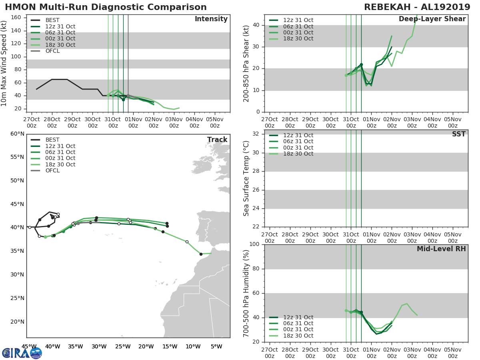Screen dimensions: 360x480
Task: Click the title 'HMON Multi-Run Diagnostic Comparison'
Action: (106, 7)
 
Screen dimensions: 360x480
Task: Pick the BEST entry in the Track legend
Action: (52, 140)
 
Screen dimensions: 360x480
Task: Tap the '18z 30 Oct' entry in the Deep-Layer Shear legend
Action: (298, 39)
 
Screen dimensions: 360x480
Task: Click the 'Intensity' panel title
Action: (211, 19)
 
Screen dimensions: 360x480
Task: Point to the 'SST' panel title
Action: (458, 134)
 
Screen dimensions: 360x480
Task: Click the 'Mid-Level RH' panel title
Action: (441, 249)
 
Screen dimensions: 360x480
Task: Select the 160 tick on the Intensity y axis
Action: (16, 18)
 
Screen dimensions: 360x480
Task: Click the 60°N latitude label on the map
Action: (17, 134)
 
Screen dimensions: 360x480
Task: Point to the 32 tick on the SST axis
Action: (257, 134)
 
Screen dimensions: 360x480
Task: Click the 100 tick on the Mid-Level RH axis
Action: (255, 244)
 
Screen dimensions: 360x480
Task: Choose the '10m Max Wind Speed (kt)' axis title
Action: (5, 63)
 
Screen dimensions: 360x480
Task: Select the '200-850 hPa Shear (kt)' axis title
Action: (246, 63)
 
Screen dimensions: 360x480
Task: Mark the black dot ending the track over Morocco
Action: (201, 254)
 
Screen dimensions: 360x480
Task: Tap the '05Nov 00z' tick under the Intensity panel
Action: (214, 122)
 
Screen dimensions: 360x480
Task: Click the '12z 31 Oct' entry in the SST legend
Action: (298, 136)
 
